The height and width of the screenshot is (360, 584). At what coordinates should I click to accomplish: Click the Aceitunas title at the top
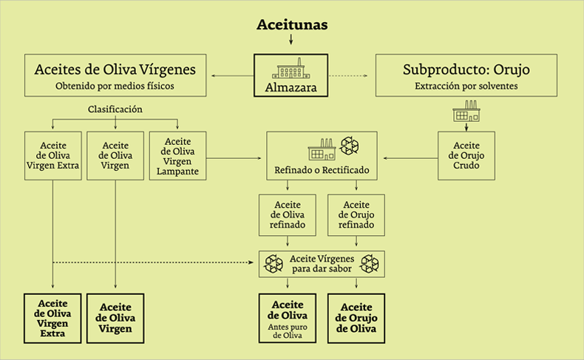(x=292, y=24)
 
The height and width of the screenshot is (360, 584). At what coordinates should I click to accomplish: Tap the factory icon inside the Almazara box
(x=291, y=69)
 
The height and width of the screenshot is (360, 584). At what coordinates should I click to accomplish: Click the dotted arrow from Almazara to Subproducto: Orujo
(x=348, y=75)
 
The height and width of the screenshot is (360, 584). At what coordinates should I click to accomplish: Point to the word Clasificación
(x=115, y=109)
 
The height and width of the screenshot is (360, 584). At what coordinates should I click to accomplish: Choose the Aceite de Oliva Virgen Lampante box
(x=177, y=156)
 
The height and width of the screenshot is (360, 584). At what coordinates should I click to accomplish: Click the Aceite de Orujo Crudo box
(x=466, y=156)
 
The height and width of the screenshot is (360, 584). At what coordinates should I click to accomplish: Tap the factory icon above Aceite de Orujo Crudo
(x=466, y=111)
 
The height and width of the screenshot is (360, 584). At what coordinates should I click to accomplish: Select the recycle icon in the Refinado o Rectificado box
(x=350, y=146)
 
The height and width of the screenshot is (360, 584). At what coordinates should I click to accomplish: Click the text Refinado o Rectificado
(x=322, y=170)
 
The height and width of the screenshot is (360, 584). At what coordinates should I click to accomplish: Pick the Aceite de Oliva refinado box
(x=288, y=215)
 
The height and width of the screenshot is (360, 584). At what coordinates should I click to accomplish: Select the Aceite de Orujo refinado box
(x=356, y=215)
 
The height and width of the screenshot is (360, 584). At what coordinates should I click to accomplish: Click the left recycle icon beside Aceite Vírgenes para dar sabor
(x=274, y=264)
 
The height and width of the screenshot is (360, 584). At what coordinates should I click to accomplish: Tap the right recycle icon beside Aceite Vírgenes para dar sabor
(x=370, y=264)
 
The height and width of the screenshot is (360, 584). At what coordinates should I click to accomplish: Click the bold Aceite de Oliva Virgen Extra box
(x=52, y=319)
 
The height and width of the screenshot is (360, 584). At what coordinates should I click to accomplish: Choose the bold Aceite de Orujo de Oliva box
(x=356, y=319)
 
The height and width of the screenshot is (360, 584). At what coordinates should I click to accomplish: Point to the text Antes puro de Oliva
(x=288, y=331)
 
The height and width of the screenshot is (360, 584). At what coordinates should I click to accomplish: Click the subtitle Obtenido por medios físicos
(x=115, y=86)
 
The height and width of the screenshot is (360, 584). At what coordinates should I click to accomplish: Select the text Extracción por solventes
(x=466, y=86)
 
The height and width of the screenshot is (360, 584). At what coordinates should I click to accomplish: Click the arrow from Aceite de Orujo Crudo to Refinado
(x=410, y=158)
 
